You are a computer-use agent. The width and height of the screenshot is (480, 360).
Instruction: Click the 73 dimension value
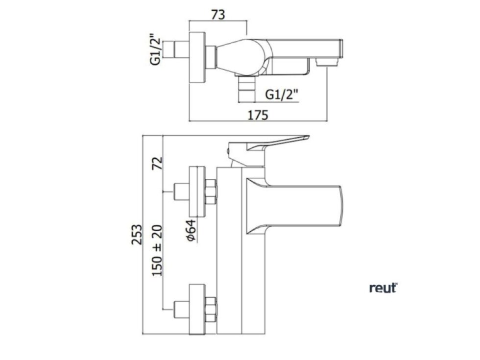coord(218,14)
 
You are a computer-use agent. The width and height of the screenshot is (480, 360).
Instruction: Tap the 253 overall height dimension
coord(137,234)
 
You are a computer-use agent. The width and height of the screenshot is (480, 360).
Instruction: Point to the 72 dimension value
coord(157,163)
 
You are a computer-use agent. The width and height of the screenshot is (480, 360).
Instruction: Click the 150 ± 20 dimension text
coord(157,250)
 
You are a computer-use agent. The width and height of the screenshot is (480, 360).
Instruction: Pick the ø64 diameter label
coord(191,230)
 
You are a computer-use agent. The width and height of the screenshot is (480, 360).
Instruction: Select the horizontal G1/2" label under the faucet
coord(281,95)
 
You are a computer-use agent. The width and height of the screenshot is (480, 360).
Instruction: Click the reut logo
coord(383,288)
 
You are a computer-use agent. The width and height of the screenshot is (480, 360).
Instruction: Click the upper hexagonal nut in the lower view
coord(211,192)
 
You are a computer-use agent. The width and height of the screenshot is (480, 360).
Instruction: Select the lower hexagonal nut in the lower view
coord(211,309)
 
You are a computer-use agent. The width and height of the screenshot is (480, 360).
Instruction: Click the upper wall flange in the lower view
coord(197,192)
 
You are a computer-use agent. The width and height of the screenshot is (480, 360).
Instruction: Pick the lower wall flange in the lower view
coord(197,309)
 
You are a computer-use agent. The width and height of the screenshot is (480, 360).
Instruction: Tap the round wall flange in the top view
coord(197,57)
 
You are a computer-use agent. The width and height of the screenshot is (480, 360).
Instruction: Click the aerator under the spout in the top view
coord(327,63)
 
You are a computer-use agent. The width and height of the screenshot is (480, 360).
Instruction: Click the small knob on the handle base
coord(228,151)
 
